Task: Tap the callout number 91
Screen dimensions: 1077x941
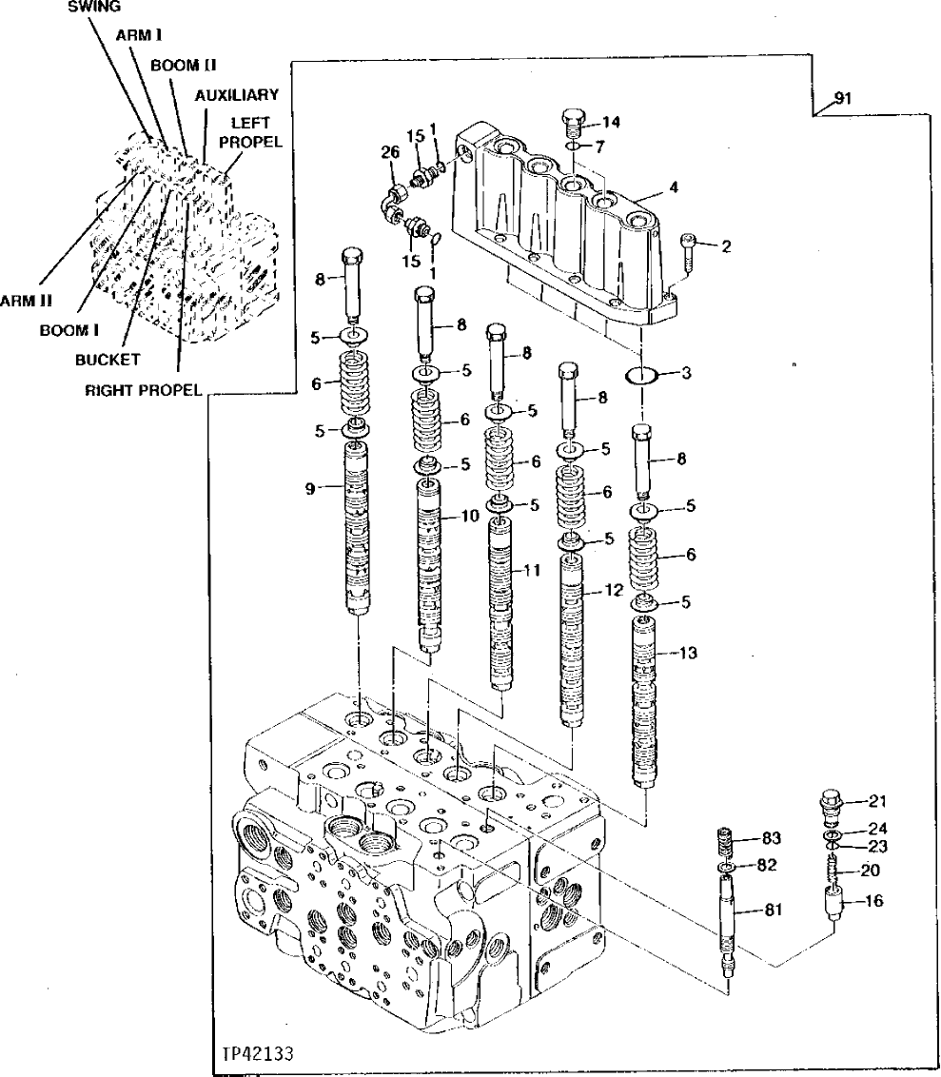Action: click(x=842, y=98)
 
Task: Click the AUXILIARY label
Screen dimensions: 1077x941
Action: click(x=236, y=94)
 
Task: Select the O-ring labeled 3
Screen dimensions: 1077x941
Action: click(x=644, y=376)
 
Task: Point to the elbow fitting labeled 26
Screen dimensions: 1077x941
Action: click(x=393, y=198)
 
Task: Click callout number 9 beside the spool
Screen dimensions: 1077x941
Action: click(x=310, y=489)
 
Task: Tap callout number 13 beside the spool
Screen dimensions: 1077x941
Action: click(x=689, y=653)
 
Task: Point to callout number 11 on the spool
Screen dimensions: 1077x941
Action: click(x=531, y=570)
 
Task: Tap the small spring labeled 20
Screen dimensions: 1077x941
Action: click(x=836, y=869)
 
